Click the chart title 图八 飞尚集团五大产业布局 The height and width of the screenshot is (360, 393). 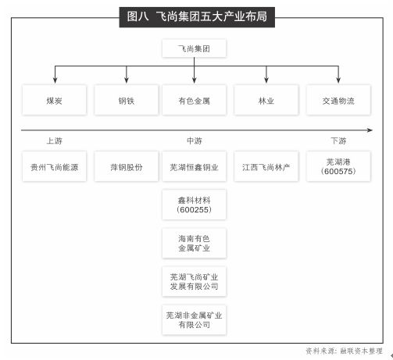[x=197, y=17]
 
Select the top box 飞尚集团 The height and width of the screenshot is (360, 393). [x=194, y=48]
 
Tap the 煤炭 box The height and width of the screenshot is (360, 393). [x=54, y=100]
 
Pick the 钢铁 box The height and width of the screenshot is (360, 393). [x=127, y=100]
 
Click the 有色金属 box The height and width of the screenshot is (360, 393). [x=194, y=100]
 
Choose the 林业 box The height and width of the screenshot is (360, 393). [x=266, y=100]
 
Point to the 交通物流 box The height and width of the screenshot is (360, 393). [x=338, y=100]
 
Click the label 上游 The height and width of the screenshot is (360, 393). [x=55, y=141]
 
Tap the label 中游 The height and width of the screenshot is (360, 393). [x=195, y=141]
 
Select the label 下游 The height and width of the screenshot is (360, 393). [x=338, y=141]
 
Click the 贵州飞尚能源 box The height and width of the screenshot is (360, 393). [x=54, y=166]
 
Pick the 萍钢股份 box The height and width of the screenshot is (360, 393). [x=127, y=166]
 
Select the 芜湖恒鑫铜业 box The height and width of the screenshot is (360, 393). [x=194, y=166]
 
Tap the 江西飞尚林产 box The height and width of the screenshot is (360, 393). [x=266, y=166]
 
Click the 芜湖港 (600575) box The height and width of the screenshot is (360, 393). [x=338, y=166]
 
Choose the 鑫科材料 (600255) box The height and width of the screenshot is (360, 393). [x=194, y=205]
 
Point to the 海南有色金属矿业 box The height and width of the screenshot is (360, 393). [x=194, y=243]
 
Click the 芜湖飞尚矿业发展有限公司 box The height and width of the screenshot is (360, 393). [x=194, y=281]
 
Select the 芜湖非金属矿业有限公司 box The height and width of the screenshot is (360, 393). [x=194, y=320]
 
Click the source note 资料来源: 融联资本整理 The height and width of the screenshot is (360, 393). [x=344, y=351]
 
